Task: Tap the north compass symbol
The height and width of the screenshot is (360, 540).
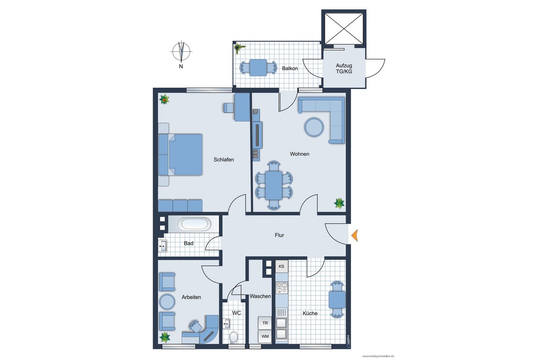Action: click(x=181, y=51)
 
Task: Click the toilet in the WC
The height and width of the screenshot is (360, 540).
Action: click(x=233, y=337)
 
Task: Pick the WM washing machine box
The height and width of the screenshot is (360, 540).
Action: click(x=265, y=336)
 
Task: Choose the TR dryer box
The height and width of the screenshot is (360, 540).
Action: click(x=265, y=323)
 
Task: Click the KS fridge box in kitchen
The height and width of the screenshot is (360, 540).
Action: click(x=282, y=266)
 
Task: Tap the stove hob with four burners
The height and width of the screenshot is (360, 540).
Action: click(x=282, y=287)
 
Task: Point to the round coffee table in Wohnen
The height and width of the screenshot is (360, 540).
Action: click(x=314, y=127)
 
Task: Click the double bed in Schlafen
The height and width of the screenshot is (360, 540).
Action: click(x=180, y=155)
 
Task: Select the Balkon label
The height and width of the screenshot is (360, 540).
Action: click(x=290, y=68)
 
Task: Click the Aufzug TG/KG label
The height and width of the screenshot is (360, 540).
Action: click(x=344, y=68)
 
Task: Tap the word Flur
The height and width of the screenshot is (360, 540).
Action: click(x=279, y=235)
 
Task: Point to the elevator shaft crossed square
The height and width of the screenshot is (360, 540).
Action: click(x=344, y=29)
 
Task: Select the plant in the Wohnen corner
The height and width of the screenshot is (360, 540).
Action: click(x=339, y=203)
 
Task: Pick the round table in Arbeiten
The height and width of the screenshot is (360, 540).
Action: click(x=167, y=302)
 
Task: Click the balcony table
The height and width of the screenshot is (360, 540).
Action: click(x=258, y=68)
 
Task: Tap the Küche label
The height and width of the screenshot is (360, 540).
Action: click(x=310, y=313)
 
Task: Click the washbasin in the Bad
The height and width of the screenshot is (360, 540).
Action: click(x=163, y=246)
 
